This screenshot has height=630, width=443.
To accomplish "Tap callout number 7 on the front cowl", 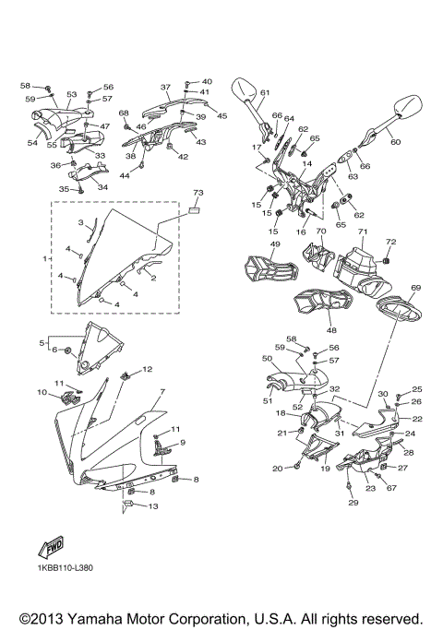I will click(162, 392).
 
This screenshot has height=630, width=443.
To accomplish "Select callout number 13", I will click(153, 506).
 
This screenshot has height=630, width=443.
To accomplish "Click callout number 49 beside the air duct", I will click(275, 244).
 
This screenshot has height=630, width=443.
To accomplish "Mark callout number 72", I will click(389, 242).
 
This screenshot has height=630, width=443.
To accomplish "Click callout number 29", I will click(353, 503).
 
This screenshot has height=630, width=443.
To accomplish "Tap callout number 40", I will click(207, 82).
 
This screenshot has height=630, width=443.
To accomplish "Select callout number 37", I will click(166, 88).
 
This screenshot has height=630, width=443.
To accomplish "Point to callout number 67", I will click(390, 488).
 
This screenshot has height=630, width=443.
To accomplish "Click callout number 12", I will click(148, 370).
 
